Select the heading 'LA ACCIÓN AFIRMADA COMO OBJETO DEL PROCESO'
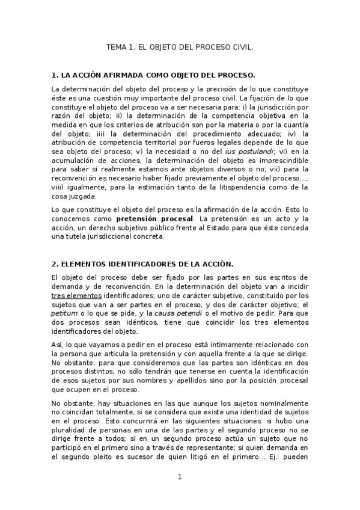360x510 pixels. coord(159,75)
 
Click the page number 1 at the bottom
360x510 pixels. coord(179,478)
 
